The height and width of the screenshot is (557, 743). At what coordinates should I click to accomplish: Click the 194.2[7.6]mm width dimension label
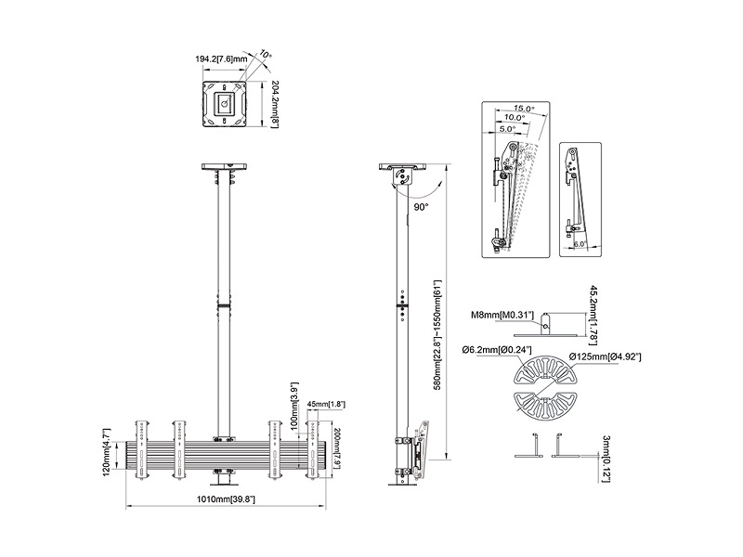point(221,58)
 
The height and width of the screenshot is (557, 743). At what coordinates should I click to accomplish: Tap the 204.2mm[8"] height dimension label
point(276,103)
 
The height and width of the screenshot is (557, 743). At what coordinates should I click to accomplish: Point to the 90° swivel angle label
point(421,207)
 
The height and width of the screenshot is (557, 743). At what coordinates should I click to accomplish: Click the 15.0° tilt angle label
point(522,109)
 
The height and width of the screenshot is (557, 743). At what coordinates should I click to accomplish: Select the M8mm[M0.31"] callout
point(502,316)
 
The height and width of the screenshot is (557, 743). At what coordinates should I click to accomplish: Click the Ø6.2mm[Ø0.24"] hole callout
point(496,349)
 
